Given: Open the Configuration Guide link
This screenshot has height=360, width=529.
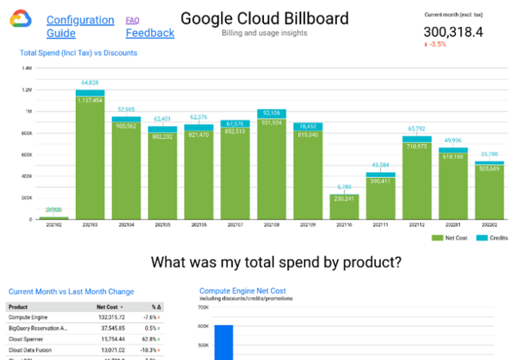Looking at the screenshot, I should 80,26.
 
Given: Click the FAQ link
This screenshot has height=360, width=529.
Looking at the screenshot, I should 132,20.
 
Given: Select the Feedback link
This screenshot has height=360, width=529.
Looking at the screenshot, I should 149,33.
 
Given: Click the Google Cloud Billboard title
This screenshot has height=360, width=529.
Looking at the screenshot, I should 264,18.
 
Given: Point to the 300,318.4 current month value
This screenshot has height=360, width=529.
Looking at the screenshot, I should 453,32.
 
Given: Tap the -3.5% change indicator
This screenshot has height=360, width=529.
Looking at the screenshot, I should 435,44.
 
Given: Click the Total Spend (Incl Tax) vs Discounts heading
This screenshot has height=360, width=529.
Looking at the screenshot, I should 79,53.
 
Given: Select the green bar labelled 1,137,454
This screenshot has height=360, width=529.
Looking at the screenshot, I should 90,158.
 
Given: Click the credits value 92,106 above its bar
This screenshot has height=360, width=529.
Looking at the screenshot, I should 271,113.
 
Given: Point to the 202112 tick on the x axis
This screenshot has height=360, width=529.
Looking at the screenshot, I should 417,224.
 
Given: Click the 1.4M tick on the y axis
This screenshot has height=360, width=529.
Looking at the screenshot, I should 28,69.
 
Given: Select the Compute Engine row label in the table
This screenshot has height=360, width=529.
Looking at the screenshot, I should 28,317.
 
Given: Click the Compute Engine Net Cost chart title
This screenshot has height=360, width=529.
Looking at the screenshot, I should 242,291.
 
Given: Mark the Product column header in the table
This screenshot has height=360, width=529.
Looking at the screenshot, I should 18,307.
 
